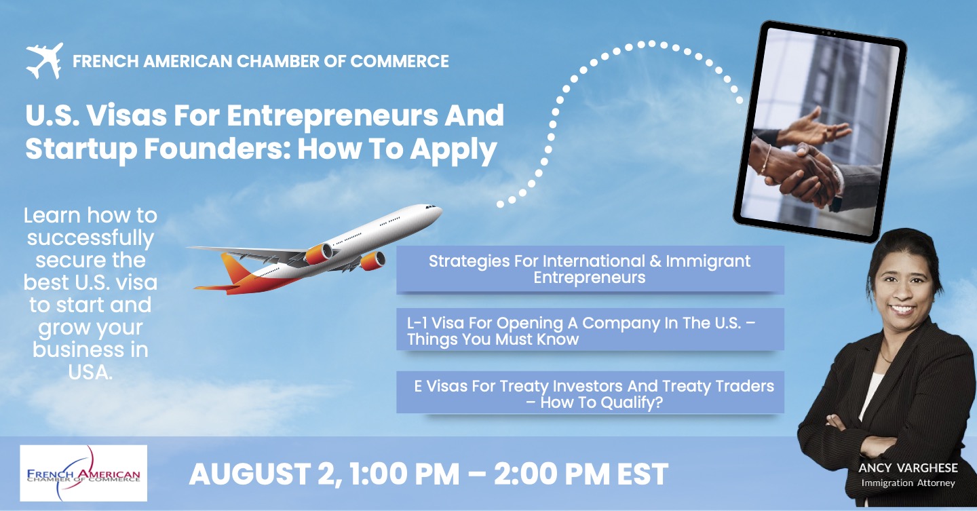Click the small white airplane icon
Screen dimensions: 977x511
45,60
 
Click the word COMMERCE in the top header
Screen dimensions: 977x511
400,61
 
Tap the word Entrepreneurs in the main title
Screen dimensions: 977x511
332,116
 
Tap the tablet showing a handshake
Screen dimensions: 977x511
820,131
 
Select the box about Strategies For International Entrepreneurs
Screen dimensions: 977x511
590,269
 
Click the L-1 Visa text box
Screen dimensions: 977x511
590,329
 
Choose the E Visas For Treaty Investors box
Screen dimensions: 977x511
590,392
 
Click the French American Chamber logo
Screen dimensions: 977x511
83,473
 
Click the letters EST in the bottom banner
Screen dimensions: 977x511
643,474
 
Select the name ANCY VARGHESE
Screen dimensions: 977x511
908,468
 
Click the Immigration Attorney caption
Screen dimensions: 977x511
908,482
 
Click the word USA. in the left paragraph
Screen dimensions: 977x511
90,373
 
